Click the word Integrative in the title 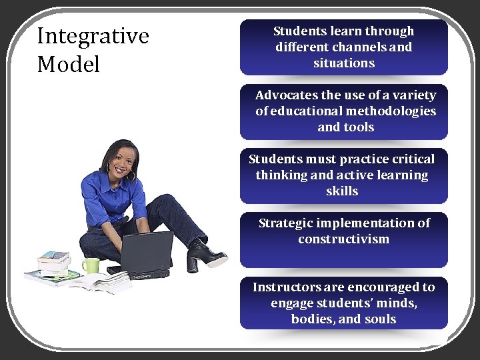(93, 37)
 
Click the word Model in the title (68, 65)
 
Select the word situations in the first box (344, 63)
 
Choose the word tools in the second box (359, 127)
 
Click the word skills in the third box (342, 191)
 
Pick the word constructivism (343, 239)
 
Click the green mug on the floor (90, 265)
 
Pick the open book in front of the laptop (100, 282)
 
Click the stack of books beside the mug (53, 264)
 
